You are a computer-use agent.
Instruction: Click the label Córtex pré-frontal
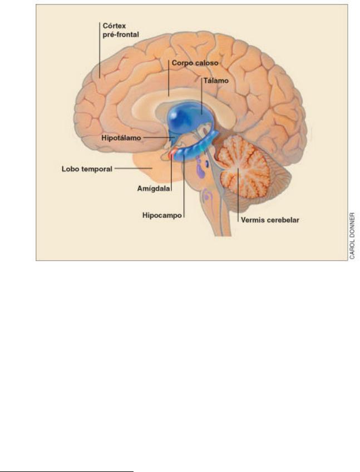121,30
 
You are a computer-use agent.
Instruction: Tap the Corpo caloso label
195,63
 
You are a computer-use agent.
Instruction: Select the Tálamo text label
216,81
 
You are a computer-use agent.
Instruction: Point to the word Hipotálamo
121,138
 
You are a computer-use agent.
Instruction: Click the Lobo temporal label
87,169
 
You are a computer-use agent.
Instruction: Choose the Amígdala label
154,188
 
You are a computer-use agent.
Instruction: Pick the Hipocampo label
162,215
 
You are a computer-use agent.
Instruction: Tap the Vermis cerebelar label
270,220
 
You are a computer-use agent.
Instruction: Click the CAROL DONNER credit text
352,236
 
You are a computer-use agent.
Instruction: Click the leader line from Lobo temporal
133,168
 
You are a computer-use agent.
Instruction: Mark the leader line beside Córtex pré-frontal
100,50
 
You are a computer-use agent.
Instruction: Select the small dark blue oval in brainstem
207,164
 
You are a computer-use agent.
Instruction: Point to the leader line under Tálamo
201,96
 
